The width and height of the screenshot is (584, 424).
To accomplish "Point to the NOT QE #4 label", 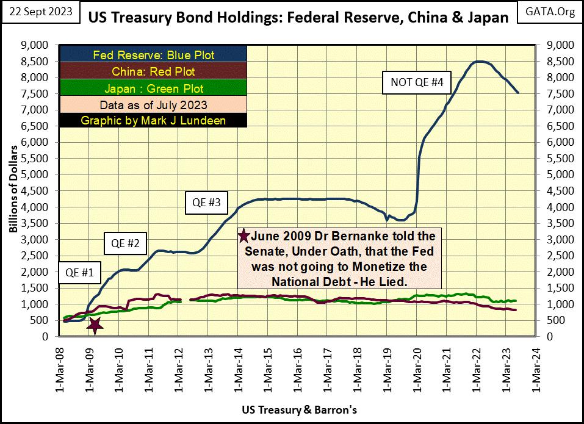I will point(412,83).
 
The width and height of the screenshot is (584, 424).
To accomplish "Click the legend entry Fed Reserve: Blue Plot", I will point(153,55).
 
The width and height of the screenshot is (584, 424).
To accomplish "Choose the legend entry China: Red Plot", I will point(153,71).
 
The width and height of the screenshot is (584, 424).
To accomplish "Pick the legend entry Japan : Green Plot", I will point(153,88).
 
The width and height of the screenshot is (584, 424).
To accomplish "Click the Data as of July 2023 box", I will point(153,104).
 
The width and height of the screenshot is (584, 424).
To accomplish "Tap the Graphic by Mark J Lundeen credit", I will point(153,120).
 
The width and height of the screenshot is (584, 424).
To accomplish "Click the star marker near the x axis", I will point(95,325).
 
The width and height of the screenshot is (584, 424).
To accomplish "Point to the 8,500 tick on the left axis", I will point(38,61).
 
